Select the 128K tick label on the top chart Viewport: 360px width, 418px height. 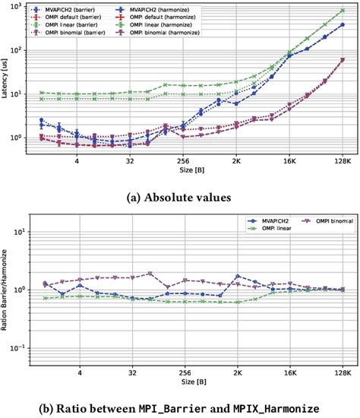(340, 162)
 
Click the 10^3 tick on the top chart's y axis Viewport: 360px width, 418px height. (18, 6)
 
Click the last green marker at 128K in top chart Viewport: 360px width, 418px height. (343, 11)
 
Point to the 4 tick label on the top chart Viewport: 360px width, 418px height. (77, 162)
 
